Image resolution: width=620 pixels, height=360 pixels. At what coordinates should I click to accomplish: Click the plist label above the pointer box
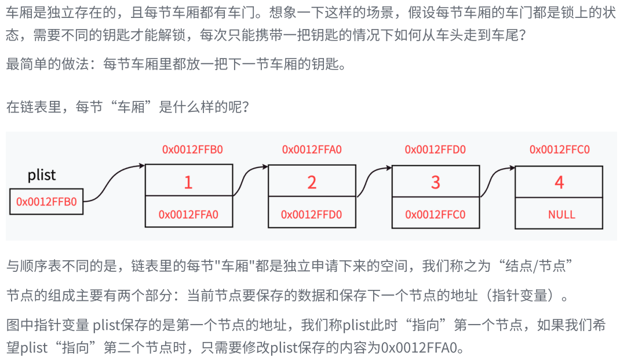pos(42,175)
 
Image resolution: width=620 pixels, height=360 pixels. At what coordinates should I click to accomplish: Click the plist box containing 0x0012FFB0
pos(46,202)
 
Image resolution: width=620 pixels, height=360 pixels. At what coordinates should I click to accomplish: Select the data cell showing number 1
pos(188,183)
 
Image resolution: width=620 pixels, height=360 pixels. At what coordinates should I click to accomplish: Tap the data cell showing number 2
pos(312,183)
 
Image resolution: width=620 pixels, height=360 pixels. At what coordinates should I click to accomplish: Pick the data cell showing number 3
pos(436,183)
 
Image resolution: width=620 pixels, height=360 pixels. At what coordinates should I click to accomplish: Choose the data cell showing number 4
pos(559,183)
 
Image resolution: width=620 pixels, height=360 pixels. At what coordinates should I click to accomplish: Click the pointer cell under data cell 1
pos(188,214)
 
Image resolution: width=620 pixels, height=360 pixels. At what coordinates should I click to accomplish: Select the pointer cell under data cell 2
pos(312,214)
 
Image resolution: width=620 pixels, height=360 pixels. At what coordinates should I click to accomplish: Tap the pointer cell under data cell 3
pos(436,214)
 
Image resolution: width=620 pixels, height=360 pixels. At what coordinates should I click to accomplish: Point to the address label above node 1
pos(192,150)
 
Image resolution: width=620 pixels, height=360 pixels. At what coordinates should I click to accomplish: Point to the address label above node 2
pos(312,150)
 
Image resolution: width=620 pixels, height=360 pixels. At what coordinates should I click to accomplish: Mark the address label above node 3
pos(435,150)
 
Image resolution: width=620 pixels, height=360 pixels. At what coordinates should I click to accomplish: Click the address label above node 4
pos(559,150)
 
